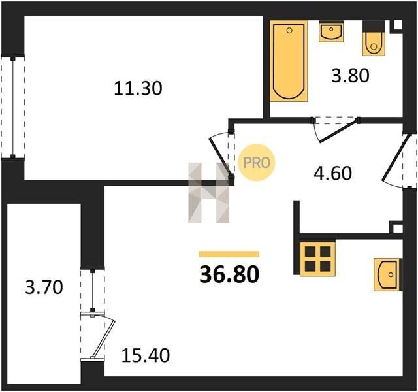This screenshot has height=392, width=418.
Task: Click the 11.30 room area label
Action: click(138, 88)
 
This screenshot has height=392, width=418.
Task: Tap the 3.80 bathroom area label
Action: click(350, 75)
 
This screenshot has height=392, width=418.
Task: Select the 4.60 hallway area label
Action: click(332, 173)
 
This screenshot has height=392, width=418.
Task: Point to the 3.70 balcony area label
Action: click(44, 287)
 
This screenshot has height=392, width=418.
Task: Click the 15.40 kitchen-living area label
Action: click(145, 355)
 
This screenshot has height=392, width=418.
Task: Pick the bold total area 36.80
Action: click(229, 274)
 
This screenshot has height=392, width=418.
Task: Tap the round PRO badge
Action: click(256, 163)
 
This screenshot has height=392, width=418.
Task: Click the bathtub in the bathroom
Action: click(289, 61)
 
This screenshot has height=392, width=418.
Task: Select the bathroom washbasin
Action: click(331, 32)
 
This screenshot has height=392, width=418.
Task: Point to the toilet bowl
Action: click(374, 42)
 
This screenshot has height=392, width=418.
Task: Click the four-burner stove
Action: click(317, 259)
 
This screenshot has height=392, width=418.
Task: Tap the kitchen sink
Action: click(388, 274)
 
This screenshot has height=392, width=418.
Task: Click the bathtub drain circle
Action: click(289, 31)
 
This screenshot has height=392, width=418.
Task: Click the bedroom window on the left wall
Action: click(12, 106)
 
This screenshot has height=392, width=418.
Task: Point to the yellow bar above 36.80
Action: click(229, 254)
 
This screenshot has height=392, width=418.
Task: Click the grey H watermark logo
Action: click(209, 193)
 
